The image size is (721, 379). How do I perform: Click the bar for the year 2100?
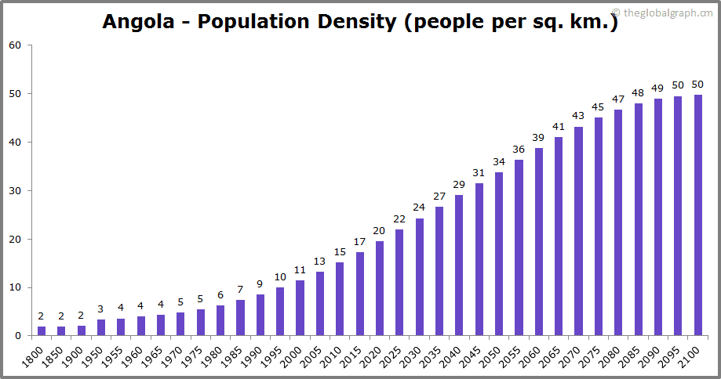(698, 215)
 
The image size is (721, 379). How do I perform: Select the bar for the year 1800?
(42, 331)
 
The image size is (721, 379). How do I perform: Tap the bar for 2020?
(380, 288)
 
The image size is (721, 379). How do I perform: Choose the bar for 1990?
(260, 315)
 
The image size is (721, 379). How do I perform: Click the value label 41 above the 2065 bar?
(559, 126)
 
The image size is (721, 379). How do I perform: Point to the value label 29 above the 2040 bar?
(459, 184)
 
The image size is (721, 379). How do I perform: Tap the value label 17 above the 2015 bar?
(359, 241)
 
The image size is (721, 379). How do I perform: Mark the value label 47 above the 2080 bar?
(618, 99)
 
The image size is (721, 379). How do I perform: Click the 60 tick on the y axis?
(15, 45)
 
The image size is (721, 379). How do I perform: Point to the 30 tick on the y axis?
(15, 190)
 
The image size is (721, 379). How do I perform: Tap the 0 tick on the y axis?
(18, 336)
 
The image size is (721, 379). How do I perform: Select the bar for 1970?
(180, 324)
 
